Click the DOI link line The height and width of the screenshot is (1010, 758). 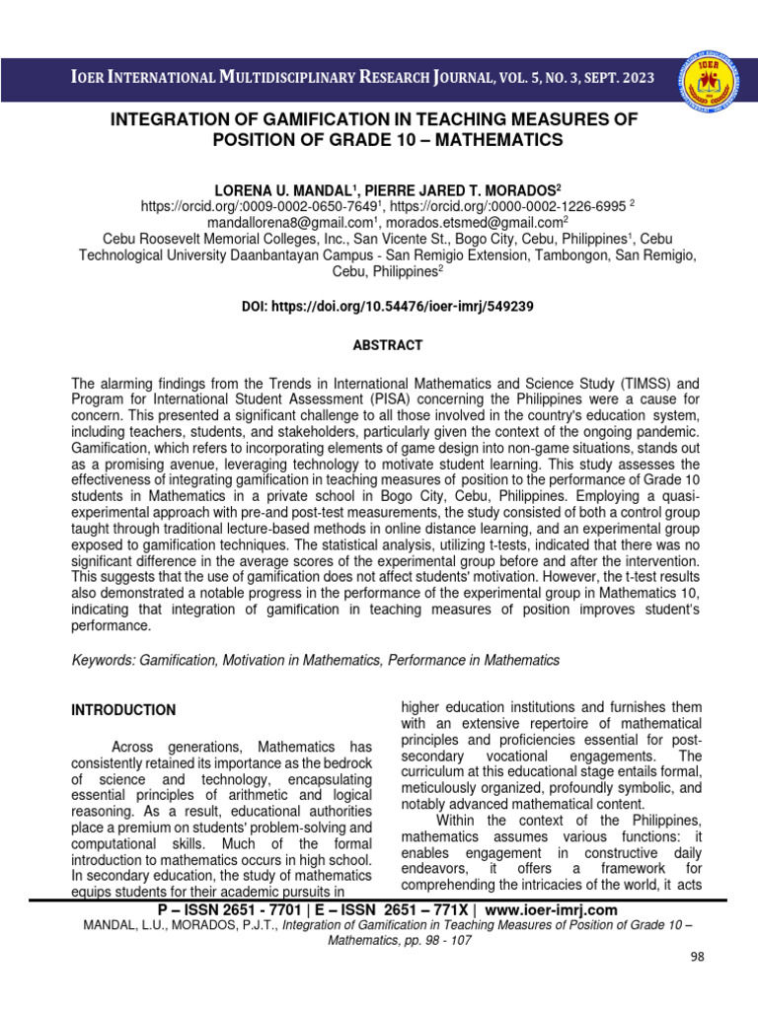388,307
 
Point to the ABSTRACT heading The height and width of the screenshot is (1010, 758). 388,345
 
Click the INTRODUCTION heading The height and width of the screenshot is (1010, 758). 124,710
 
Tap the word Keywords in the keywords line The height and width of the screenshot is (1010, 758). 106,659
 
